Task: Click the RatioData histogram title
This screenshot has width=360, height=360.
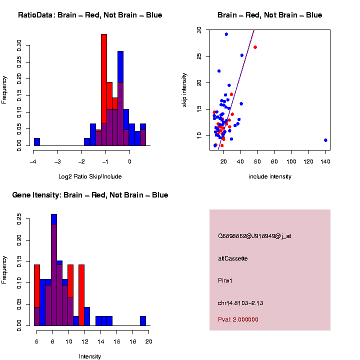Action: (x=90, y=15)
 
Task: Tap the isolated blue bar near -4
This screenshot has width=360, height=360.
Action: (x=37, y=141)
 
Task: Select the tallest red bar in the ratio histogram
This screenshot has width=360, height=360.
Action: (x=104, y=90)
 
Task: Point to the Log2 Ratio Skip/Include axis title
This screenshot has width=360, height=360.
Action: (x=90, y=176)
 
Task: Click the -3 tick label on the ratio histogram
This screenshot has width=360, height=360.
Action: (x=57, y=161)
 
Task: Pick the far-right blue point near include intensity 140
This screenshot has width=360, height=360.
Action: (x=325, y=140)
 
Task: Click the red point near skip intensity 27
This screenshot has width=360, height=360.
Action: (x=255, y=47)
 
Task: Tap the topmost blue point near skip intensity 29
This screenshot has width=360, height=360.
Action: (x=226, y=34)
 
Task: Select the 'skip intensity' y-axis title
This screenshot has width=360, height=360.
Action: (x=184, y=89)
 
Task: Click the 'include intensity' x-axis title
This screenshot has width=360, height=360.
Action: (x=270, y=176)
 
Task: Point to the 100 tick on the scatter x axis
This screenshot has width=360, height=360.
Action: (x=291, y=161)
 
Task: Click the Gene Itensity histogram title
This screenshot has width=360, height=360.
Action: (x=90, y=195)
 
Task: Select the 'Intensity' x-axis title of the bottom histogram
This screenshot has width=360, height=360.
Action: (x=90, y=356)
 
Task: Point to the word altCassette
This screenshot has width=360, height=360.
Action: (x=233, y=258)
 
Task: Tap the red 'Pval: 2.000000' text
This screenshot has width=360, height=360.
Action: (x=238, y=319)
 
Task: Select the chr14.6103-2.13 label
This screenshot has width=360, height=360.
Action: (x=240, y=303)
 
